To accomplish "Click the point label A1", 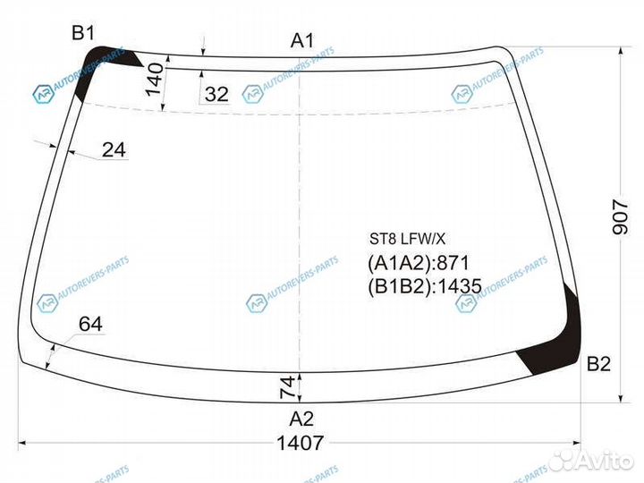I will click(x=302, y=40).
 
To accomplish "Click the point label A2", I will click(x=301, y=419).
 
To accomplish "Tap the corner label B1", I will click(x=83, y=33).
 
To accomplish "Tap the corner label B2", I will click(x=598, y=364).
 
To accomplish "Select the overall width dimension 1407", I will click(x=300, y=442).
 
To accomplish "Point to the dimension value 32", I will click(x=216, y=94).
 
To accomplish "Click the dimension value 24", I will click(x=113, y=150).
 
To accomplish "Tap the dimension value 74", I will click(x=287, y=387).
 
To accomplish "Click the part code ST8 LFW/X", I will click(x=408, y=240).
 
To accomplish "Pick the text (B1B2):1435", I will click(x=425, y=286).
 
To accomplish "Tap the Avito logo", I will click(x=593, y=460).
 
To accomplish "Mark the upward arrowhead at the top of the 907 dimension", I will click(x=620, y=51).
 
